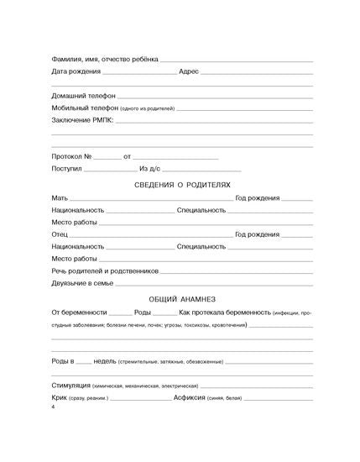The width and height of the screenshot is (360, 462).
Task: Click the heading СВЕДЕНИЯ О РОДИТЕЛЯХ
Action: [182, 184]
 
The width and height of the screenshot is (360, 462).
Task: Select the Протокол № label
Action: [70, 157]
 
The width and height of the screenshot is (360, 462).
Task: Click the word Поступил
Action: [66, 169]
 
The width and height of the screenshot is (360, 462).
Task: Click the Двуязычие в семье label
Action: [82, 284]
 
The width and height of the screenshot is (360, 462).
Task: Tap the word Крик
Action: [60, 396]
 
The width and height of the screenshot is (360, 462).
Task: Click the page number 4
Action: [53, 407]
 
